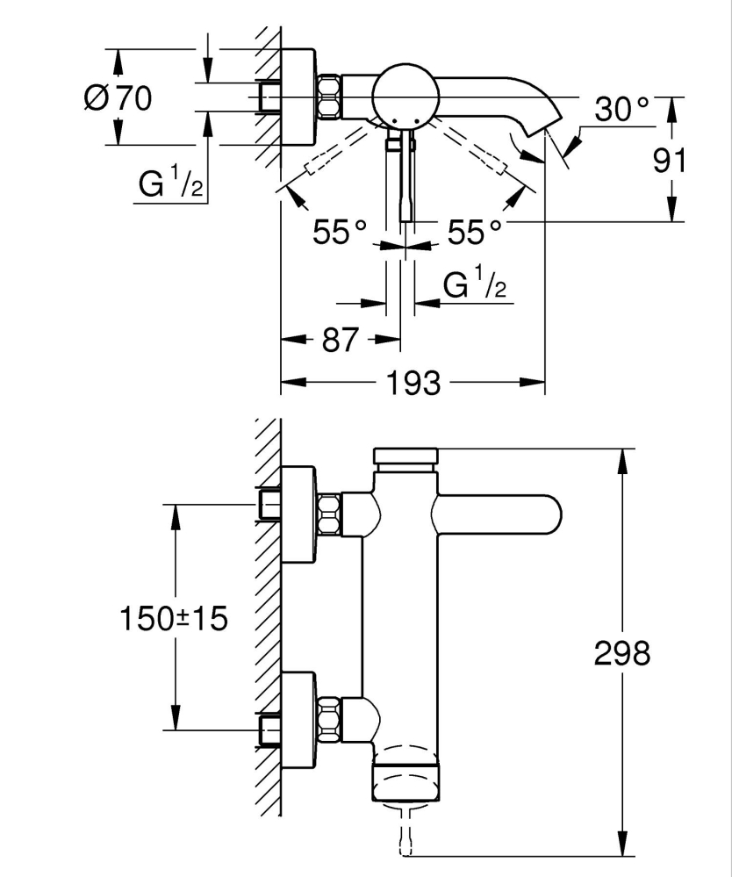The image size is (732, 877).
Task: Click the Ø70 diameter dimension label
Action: coord(118,97)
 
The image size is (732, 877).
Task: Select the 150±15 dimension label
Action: coord(173,618)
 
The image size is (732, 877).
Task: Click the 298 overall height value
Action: coord(621,653)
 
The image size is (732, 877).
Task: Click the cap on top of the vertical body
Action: coord(405,456)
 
